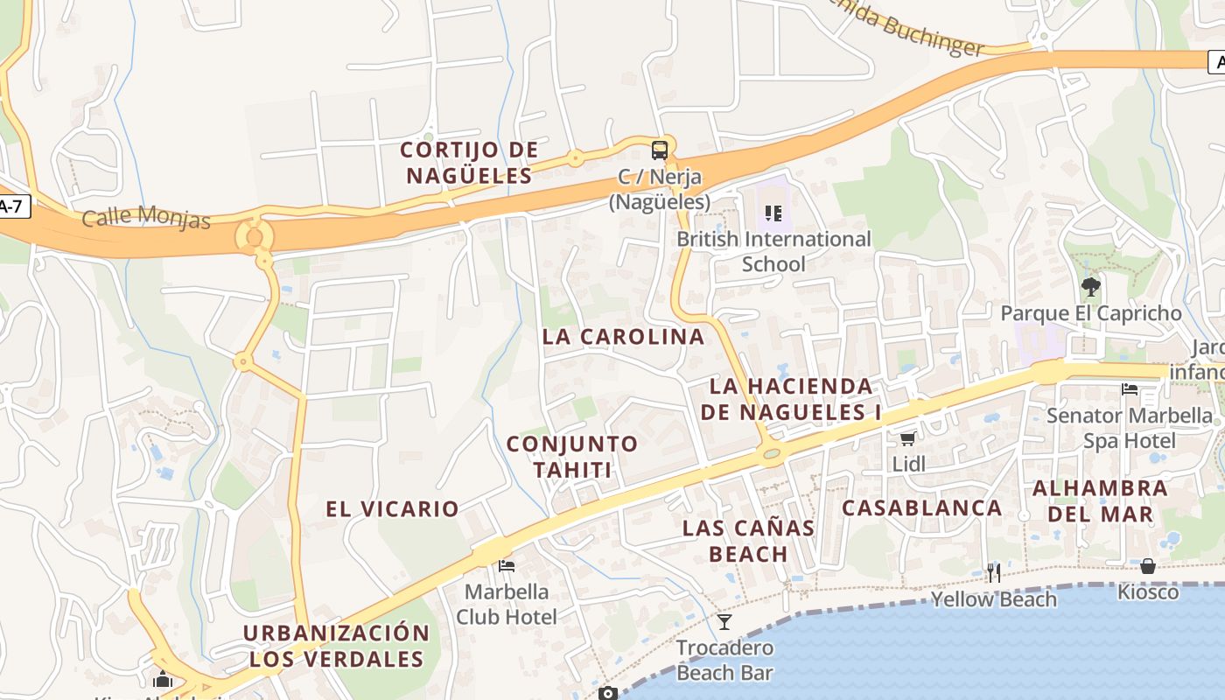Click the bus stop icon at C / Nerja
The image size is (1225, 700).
(659, 150)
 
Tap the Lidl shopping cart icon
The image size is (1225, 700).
(908, 437)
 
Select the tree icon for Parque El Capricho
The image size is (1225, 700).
(1090, 287)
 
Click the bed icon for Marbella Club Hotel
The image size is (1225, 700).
(506, 566)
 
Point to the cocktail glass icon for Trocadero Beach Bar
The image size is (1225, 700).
(724, 622)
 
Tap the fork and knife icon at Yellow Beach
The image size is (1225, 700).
(993, 573)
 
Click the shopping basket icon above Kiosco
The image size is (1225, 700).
(1147, 566)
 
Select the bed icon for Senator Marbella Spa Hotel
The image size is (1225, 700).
(1130, 388)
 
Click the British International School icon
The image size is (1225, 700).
(773, 213)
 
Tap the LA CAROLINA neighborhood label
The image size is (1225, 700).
(623, 337)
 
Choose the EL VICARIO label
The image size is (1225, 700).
(392, 509)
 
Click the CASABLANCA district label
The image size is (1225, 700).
(921, 507)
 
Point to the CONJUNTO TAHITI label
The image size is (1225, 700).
(572, 457)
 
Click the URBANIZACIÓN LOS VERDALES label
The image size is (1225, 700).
(336, 646)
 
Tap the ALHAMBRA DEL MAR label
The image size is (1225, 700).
(1100, 501)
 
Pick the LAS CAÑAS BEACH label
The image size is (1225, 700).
(748, 541)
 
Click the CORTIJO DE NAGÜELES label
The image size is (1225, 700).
(469, 163)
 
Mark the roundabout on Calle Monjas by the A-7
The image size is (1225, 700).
(255, 236)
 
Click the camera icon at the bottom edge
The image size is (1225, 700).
(608, 694)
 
